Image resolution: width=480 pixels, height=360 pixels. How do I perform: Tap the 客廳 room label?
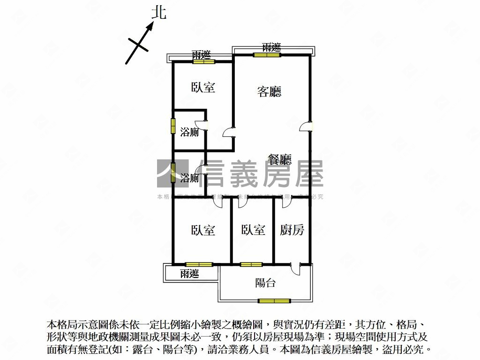tap(270, 91)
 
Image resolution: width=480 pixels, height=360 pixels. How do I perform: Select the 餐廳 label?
tap(279, 160)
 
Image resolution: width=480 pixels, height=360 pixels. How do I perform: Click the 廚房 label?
tap(292, 230)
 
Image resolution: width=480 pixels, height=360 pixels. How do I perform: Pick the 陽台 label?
tap(265, 283)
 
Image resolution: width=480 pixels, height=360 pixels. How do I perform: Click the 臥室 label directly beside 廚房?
tap(253, 230)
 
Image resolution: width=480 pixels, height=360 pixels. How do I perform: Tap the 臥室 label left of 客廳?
tap(203, 87)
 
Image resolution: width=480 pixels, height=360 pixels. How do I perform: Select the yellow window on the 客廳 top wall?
tap(267, 55)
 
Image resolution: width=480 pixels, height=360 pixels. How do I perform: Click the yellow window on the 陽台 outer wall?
tap(274, 300)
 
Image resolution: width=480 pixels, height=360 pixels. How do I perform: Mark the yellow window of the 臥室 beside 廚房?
tap(252, 264)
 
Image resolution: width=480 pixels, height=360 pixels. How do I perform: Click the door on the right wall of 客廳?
tap(306, 127)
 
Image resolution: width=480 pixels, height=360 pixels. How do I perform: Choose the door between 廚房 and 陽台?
tap(295, 269)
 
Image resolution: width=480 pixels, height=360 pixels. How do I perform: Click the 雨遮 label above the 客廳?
tap(271, 47)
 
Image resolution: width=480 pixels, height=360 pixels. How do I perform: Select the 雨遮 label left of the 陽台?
tap(190, 274)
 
